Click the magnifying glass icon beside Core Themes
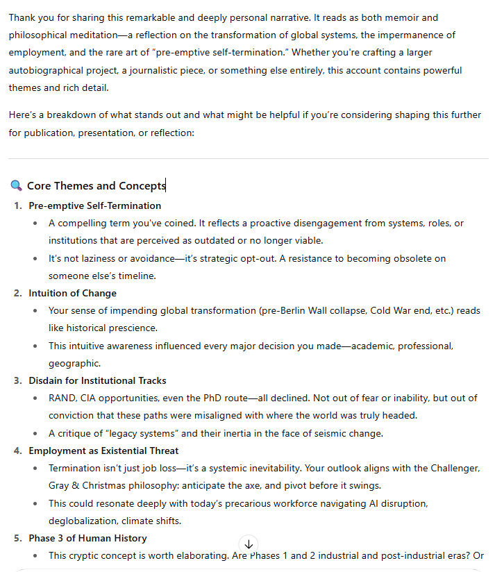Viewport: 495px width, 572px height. tap(17, 185)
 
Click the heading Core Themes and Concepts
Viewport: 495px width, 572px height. tap(96, 185)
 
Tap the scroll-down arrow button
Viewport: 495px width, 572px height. tap(248, 544)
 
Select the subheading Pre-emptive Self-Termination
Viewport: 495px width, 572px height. tap(94, 205)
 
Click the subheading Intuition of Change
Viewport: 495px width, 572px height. tap(72, 293)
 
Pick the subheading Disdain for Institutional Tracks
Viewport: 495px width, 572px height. tap(97, 380)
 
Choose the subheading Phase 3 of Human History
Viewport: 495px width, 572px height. tap(87, 538)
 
